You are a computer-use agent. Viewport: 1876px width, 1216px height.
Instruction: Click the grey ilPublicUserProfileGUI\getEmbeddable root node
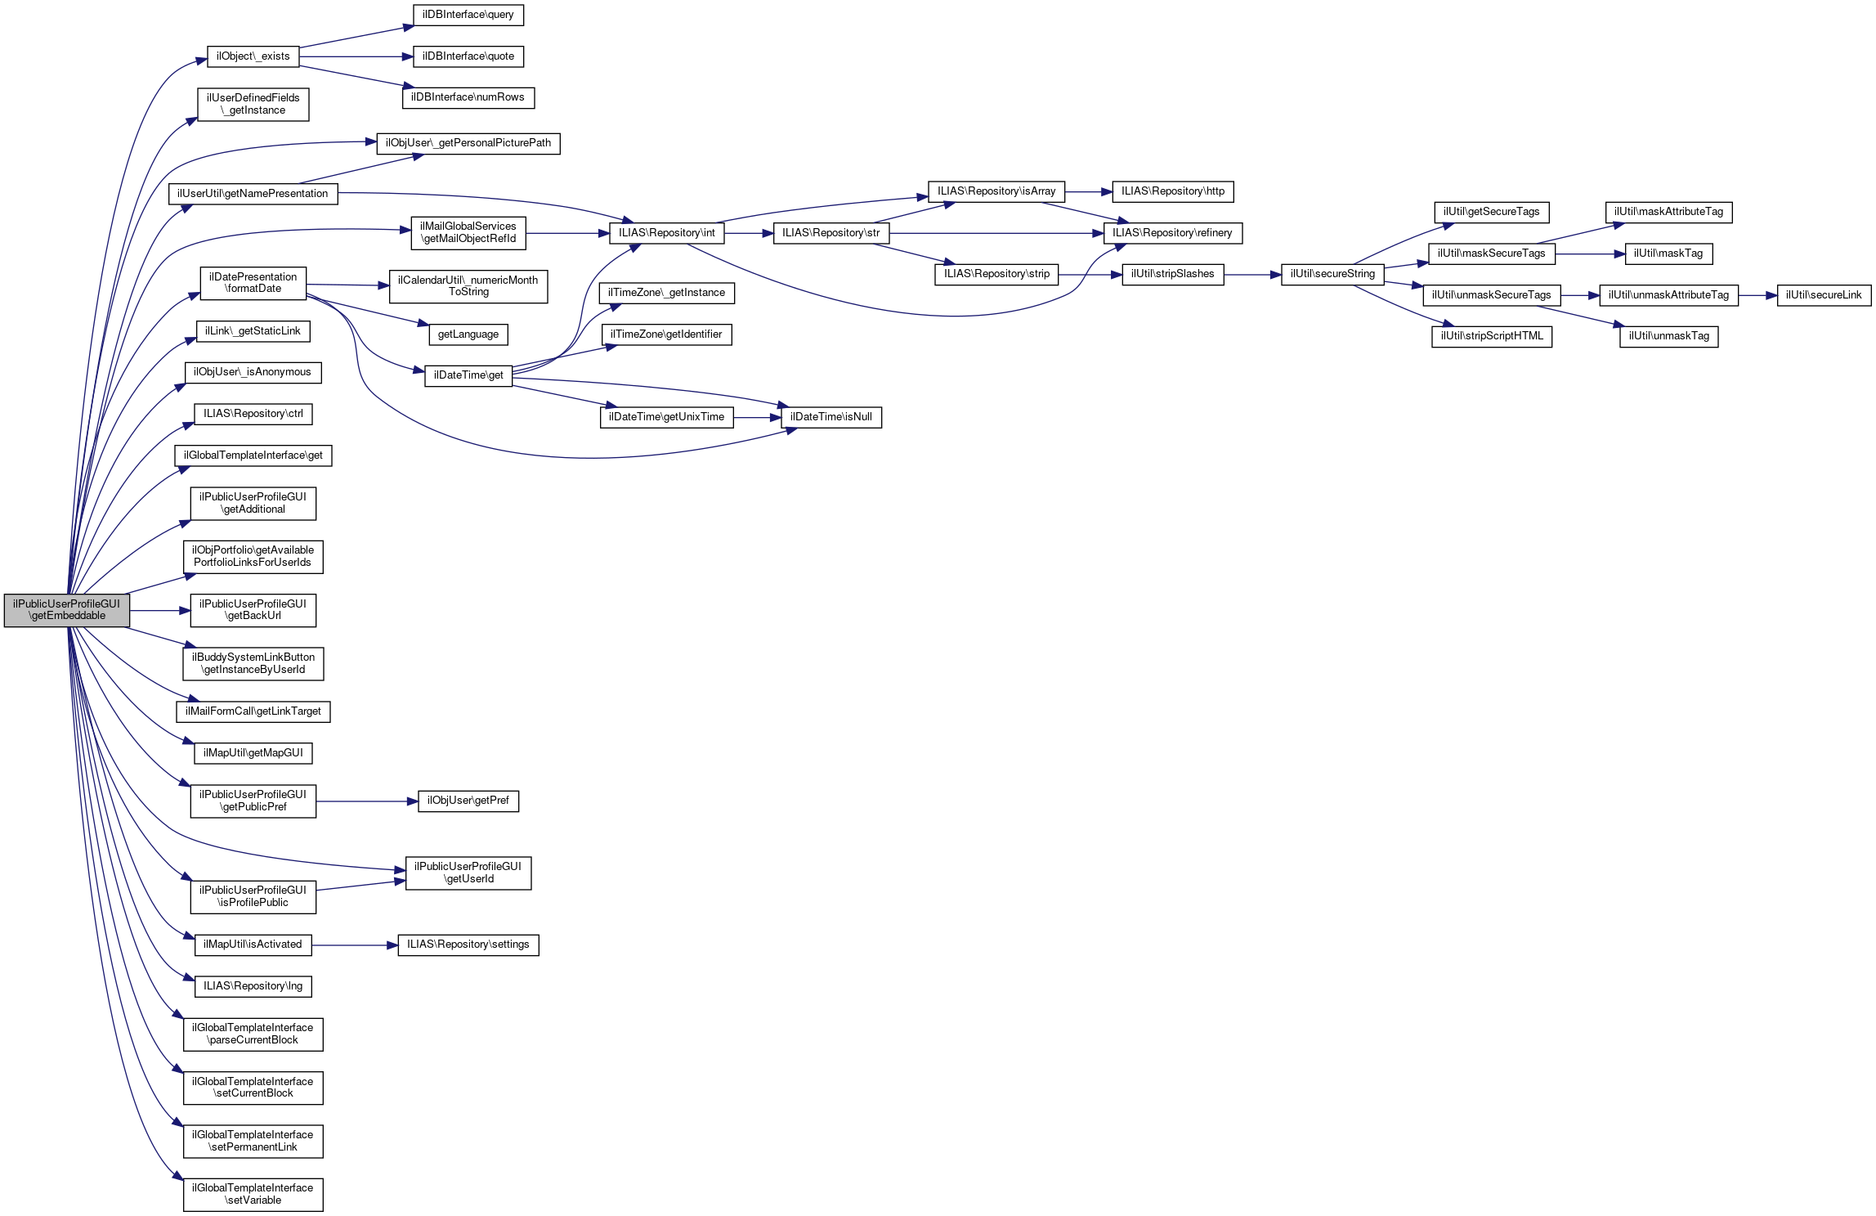pyautogui.click(x=66, y=610)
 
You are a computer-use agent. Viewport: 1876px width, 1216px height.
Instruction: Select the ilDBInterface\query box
pyautogui.click(x=468, y=15)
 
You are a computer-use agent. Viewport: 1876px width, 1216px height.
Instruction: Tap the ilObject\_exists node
pyautogui.click(x=253, y=56)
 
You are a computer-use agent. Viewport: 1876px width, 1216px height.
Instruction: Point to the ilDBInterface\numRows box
pyautogui.click(x=468, y=97)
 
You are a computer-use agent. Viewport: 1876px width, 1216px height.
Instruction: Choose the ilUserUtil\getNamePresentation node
pyautogui.click(x=253, y=194)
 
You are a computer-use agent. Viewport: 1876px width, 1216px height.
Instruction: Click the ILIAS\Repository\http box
pyautogui.click(x=1172, y=191)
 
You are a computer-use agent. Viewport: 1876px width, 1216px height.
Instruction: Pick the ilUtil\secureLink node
pyautogui.click(x=1823, y=295)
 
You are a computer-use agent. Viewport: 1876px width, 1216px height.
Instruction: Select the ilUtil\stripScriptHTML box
pyautogui.click(x=1491, y=336)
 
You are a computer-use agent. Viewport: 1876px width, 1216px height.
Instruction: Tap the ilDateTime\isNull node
pyautogui.click(x=831, y=417)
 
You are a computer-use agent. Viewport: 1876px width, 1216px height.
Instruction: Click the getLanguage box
pyautogui.click(x=468, y=334)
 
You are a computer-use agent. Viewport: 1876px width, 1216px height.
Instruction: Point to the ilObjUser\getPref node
pyautogui.click(x=468, y=801)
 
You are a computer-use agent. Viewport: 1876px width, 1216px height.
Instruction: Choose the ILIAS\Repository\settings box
pyautogui.click(x=468, y=945)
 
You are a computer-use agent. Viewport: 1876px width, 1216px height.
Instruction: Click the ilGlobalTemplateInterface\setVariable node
pyautogui.click(x=253, y=1194)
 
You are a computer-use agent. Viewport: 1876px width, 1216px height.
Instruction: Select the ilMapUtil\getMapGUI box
pyautogui.click(x=253, y=753)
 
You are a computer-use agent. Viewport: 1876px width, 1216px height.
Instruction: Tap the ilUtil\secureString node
pyautogui.click(x=1332, y=275)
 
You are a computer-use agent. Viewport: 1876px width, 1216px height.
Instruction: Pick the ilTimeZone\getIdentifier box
pyautogui.click(x=665, y=334)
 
